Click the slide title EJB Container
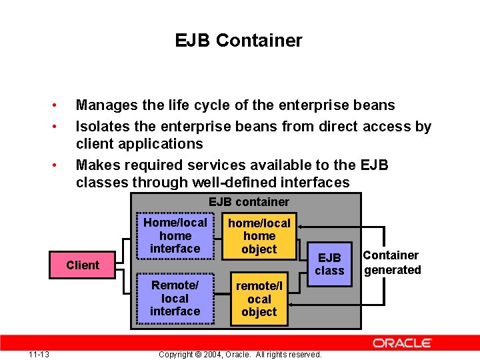tap(239, 41)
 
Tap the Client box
tap(83, 265)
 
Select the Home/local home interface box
tap(175, 235)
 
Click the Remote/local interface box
tap(175, 298)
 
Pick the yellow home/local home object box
tap(259, 236)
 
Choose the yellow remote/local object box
tap(259, 299)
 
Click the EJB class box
tap(329, 264)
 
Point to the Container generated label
tap(392, 263)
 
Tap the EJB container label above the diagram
tap(249, 202)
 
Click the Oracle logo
tap(402, 343)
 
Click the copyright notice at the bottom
tap(240, 354)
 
